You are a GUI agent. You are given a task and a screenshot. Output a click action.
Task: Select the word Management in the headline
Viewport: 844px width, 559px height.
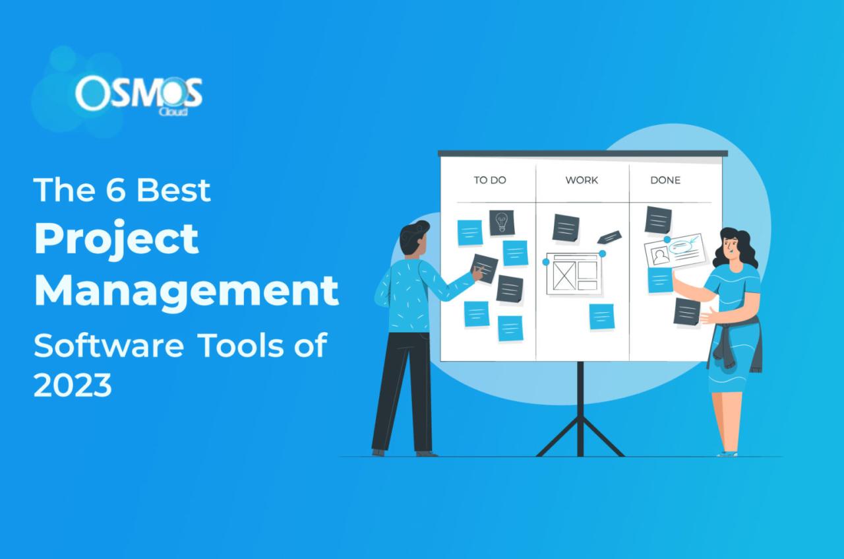[187, 291]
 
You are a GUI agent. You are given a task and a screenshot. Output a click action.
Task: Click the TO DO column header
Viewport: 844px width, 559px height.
[489, 180]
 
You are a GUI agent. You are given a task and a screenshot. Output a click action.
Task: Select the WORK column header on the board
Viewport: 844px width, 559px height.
[582, 180]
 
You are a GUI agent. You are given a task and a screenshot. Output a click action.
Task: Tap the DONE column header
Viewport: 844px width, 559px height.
[665, 180]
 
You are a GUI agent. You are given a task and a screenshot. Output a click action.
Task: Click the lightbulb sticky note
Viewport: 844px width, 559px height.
[502, 222]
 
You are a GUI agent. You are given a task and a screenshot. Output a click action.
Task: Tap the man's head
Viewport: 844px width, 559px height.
[415, 239]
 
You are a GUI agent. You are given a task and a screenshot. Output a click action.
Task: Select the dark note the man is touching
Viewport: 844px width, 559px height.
[485, 268]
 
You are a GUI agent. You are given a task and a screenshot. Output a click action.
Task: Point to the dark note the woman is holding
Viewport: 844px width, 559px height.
[686, 312]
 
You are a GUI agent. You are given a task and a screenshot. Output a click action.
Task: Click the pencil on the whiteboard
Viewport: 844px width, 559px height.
[609, 237]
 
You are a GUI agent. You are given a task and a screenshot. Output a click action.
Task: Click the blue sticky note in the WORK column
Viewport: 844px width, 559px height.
[601, 316]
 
